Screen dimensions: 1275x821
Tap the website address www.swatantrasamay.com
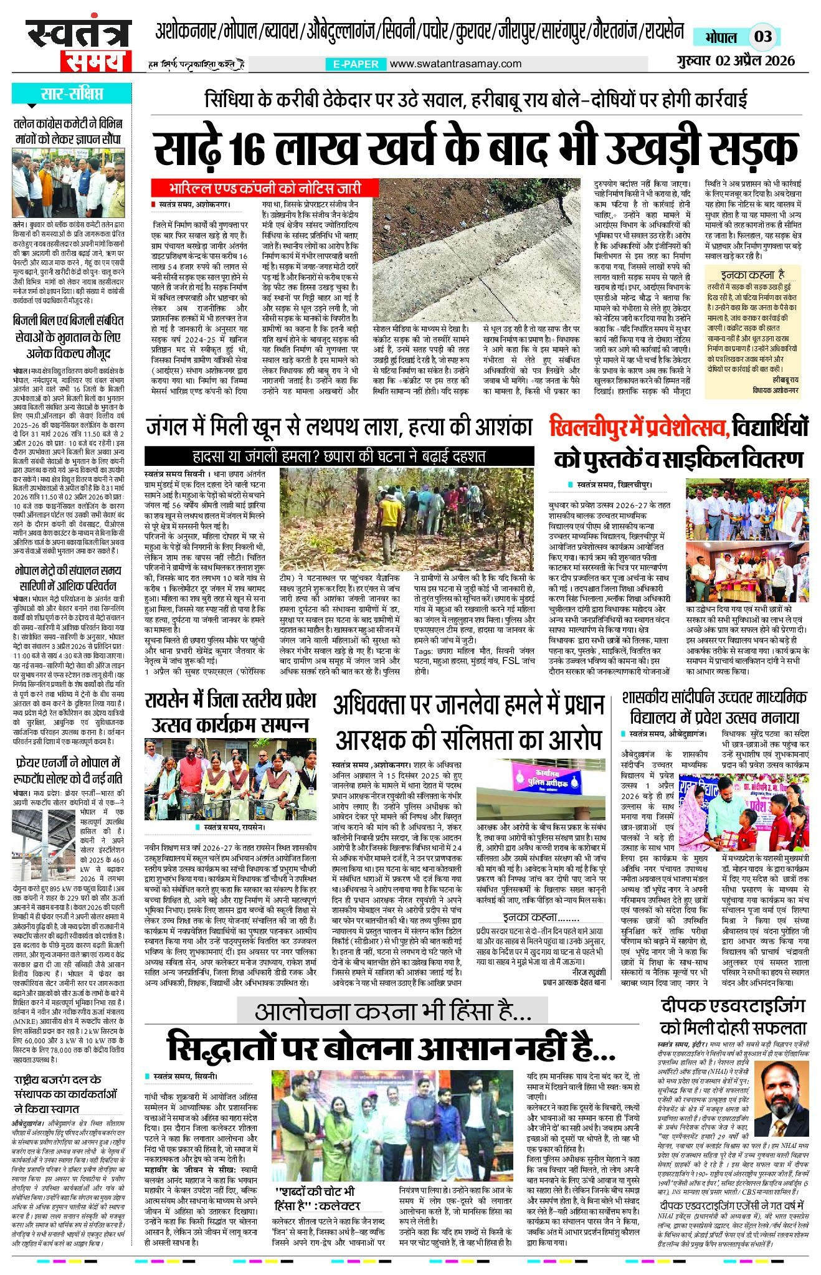[455, 64]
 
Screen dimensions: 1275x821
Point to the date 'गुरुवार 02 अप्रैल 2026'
[736, 60]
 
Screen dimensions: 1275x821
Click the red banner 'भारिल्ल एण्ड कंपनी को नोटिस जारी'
[264, 187]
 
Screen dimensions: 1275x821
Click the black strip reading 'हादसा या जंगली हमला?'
[339, 455]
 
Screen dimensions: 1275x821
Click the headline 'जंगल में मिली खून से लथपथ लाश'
[339, 427]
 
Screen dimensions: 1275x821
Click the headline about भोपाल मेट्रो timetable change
[68, 578]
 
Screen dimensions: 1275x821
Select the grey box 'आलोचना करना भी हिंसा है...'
[392, 1010]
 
